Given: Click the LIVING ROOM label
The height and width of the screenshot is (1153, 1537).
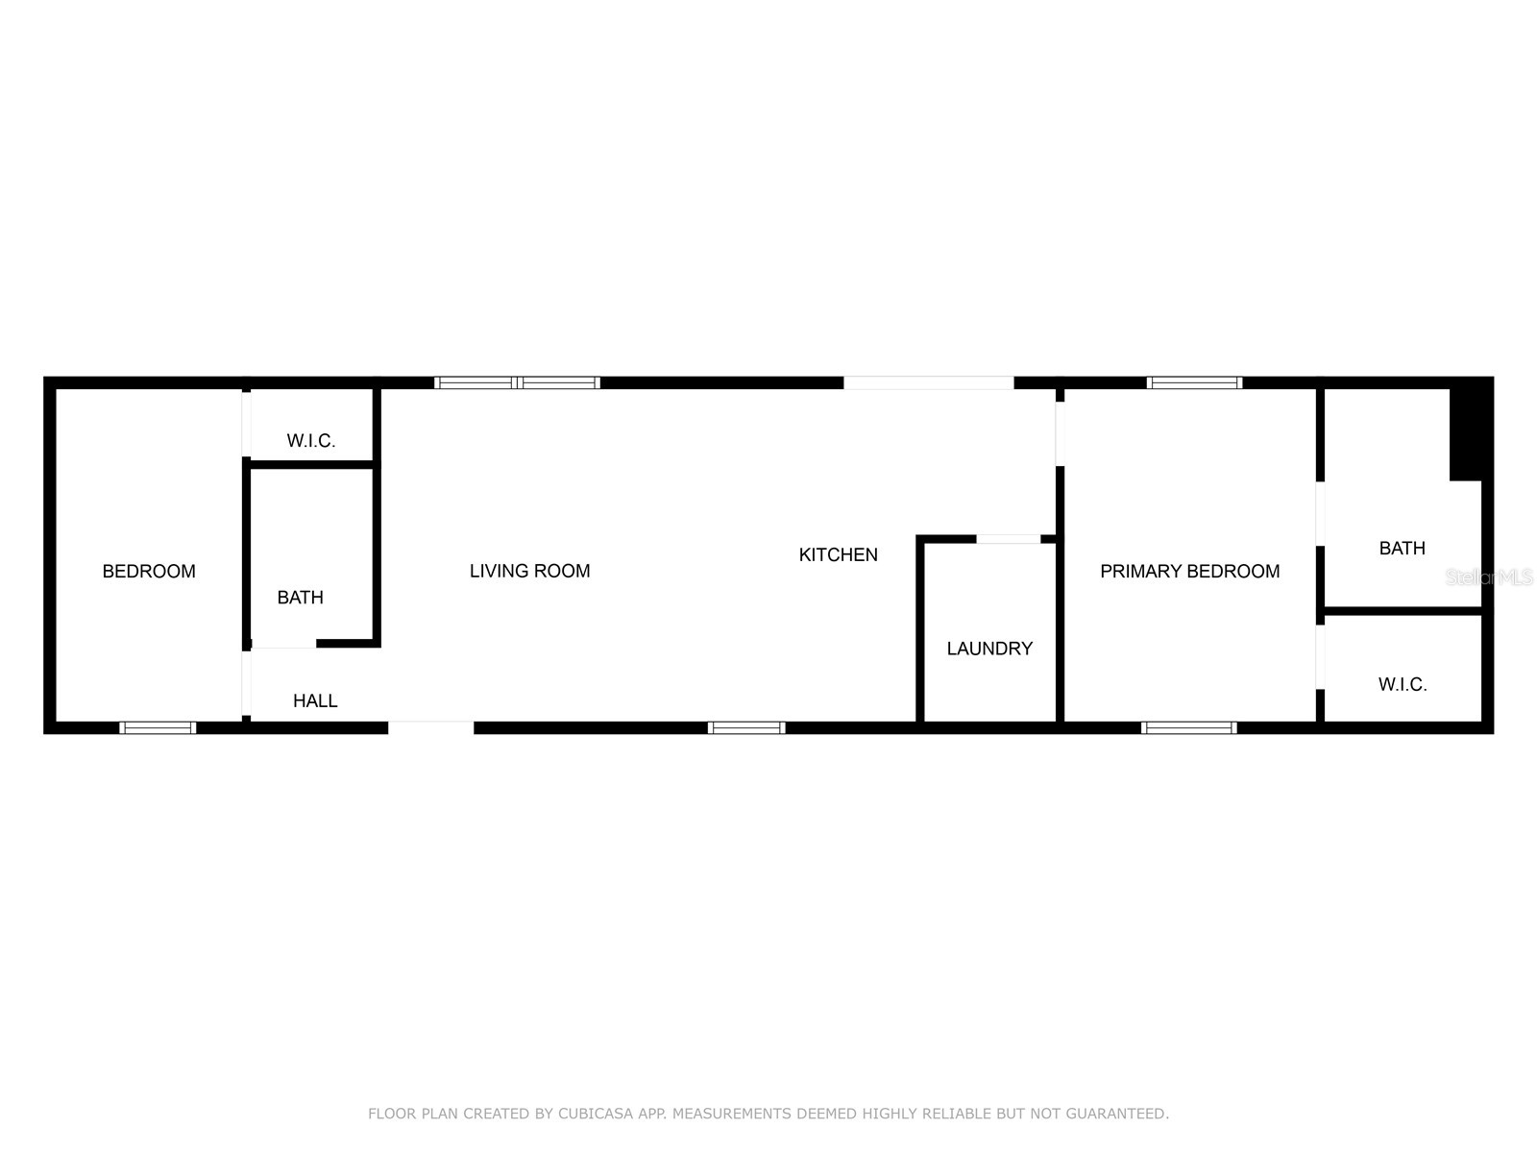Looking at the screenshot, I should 529,571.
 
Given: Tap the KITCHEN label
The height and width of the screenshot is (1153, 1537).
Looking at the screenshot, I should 838,554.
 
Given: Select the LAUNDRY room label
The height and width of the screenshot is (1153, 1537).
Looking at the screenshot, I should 989,649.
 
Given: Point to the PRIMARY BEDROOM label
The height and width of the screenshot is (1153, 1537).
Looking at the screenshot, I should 1189,572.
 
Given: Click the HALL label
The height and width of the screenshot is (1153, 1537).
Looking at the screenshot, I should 315,701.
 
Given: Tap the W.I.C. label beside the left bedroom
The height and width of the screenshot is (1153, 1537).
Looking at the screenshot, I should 311,441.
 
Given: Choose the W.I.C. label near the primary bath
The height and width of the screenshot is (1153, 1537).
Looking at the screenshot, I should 1403,685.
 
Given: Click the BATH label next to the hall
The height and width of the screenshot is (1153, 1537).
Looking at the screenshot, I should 300,598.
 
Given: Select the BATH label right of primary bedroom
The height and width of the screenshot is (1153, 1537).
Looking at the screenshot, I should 1402,549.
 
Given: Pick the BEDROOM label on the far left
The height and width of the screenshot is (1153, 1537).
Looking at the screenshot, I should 149,572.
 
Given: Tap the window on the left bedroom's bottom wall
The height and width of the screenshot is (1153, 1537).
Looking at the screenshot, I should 158,728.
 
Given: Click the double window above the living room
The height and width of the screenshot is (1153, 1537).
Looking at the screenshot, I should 518,382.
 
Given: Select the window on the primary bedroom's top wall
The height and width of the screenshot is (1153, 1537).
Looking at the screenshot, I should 1194,382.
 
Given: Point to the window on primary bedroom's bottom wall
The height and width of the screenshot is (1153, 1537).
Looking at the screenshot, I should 1188,728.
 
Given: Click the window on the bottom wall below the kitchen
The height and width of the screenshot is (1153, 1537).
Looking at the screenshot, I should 746,728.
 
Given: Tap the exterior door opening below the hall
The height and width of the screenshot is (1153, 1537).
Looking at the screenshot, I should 431,728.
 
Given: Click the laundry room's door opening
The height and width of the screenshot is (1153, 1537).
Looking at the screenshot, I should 1008,539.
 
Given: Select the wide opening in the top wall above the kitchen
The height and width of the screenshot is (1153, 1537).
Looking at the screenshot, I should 928,382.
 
